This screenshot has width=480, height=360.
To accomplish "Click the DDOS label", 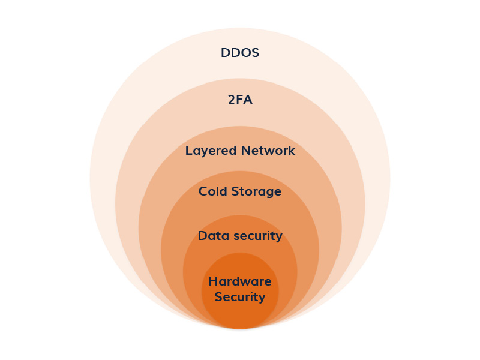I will coord(240,53).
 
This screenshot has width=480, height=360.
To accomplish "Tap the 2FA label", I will coord(240,100).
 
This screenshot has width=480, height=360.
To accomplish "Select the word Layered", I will coord(210,151).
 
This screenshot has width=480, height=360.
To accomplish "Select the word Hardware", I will coord(240,281).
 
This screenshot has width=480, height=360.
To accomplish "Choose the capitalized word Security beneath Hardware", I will coord(240,297).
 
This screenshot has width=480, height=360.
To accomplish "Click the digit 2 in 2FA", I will coord(232,100).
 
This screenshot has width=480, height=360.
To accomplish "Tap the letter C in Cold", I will coord(203,192).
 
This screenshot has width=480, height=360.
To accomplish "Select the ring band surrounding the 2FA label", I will coord(240,117).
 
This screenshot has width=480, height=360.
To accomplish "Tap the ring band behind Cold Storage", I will coord(240,207).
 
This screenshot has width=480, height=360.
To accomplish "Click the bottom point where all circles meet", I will coord(240,328).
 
